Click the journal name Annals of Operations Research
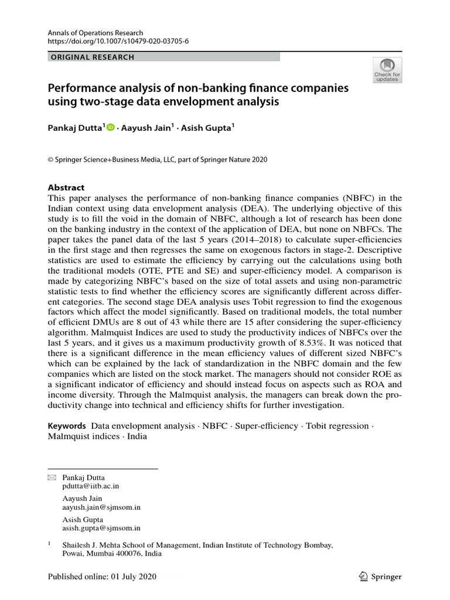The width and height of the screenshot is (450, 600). [96, 33]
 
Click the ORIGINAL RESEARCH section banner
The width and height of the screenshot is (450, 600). [93, 57]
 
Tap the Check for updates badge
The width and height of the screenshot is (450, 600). [387, 70]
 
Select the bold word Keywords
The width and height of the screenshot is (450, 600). [66, 426]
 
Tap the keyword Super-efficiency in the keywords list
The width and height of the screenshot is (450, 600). [267, 426]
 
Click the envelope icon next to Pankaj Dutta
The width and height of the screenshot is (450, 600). [51, 478]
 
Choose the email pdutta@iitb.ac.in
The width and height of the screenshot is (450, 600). [94, 486]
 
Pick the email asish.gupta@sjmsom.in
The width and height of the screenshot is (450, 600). [101, 527]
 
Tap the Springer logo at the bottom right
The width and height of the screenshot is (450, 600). [380, 577]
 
